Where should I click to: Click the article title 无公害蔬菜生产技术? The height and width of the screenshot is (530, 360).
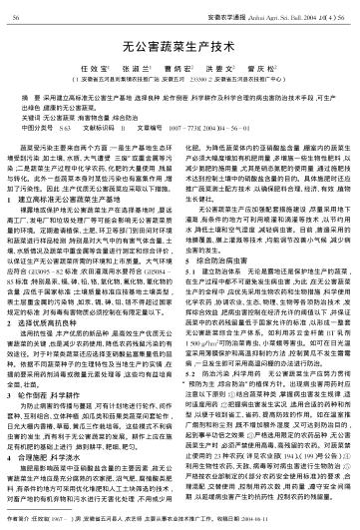(180, 45)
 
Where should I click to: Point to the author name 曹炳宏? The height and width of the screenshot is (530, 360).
(180, 69)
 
